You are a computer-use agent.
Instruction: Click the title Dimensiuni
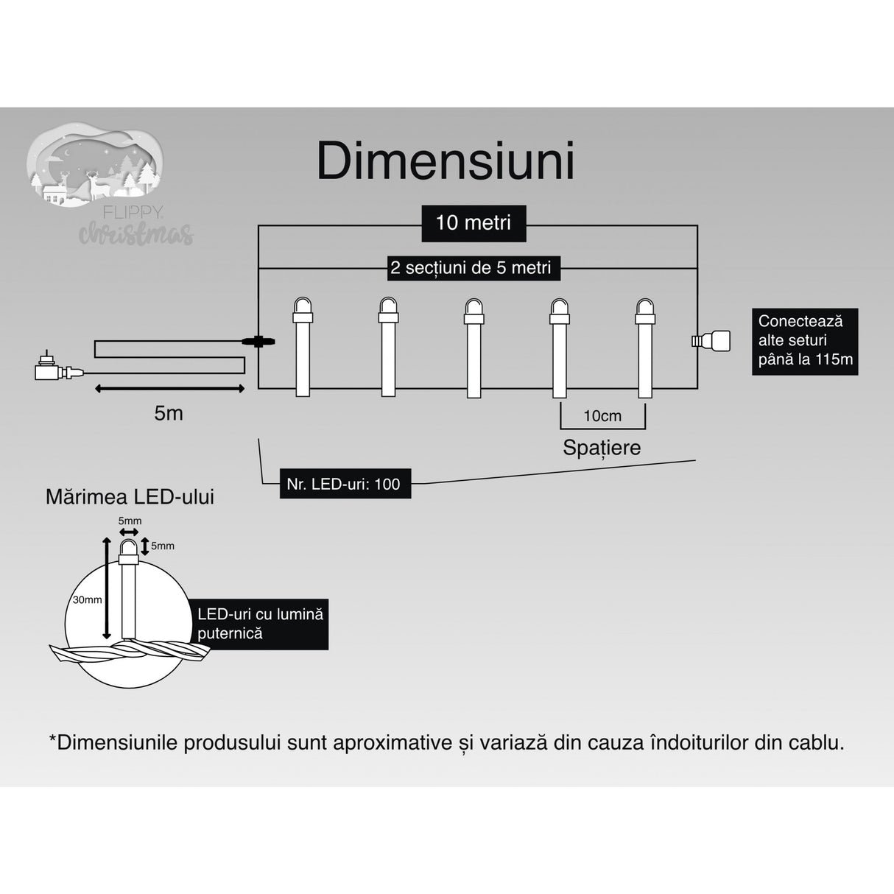[x=446, y=161]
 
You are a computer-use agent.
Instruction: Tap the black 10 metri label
[x=473, y=222]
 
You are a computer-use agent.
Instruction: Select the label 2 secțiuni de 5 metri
[x=471, y=267]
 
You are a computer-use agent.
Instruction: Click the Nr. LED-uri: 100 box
[x=345, y=484]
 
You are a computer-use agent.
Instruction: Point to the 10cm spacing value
[x=602, y=416]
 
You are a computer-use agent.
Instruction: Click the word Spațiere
[x=602, y=447]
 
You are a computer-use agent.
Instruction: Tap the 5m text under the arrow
[x=169, y=413]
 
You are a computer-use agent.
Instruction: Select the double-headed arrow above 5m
[x=169, y=389]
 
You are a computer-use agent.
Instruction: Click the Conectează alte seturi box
[x=804, y=341]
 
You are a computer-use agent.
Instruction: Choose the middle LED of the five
[x=474, y=346]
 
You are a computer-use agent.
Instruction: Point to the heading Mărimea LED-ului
[x=130, y=496]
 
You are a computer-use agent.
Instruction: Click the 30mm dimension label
[x=87, y=599]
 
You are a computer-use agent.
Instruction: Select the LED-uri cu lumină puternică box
[x=261, y=623]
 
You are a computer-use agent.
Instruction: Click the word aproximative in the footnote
[x=391, y=742]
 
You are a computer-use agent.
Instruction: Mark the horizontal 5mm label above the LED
[x=130, y=521]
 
